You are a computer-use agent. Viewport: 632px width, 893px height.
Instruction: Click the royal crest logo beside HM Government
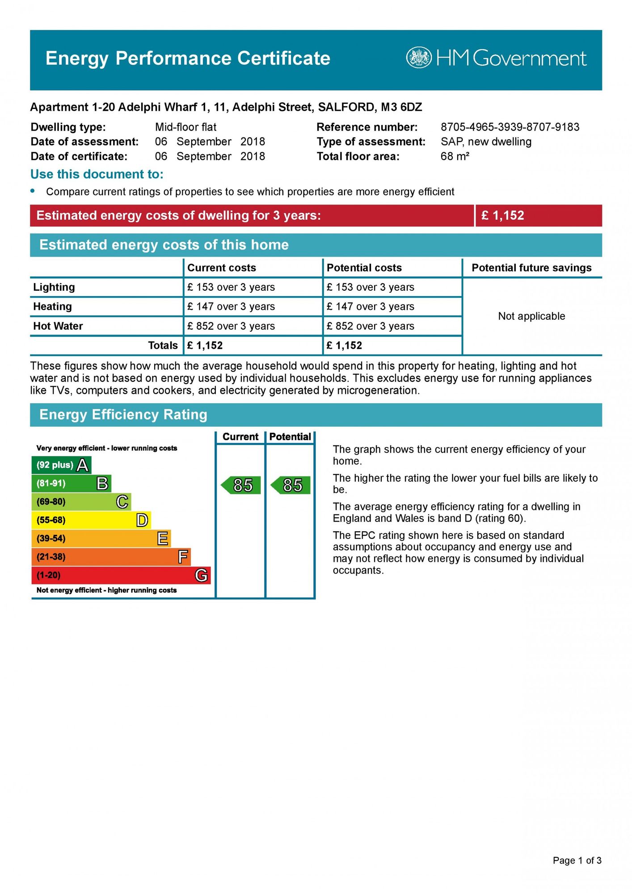click(x=419, y=58)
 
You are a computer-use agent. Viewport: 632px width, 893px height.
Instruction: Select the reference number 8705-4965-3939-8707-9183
click(x=510, y=127)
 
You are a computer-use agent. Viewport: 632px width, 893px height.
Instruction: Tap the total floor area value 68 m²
click(x=455, y=156)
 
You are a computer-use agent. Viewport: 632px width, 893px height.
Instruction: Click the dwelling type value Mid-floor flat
click(x=185, y=127)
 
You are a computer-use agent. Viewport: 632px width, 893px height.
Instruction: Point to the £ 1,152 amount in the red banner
click(x=502, y=216)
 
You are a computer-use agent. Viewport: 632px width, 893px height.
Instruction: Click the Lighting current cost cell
click(x=231, y=287)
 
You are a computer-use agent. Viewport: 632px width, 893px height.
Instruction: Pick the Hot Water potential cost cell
click(x=370, y=326)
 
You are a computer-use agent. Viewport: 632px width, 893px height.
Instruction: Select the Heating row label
click(x=52, y=306)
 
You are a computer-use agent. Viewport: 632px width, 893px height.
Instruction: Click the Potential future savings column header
click(x=531, y=268)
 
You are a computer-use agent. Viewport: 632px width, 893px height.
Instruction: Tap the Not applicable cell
click(x=531, y=316)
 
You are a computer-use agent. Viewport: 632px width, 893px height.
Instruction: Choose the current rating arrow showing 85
click(x=241, y=485)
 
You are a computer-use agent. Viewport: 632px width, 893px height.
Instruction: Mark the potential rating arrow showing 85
click(x=291, y=485)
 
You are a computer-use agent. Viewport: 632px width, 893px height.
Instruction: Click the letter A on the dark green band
click(x=83, y=465)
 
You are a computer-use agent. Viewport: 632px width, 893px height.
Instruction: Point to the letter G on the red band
click(x=201, y=575)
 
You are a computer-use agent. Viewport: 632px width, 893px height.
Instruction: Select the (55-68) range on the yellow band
click(x=51, y=520)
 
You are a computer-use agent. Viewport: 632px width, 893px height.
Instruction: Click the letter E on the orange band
click(x=163, y=538)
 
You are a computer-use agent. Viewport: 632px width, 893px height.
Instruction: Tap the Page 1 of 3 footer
click(x=577, y=860)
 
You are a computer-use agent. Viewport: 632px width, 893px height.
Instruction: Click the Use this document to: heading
click(x=97, y=174)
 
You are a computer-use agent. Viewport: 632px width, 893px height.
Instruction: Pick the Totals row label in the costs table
click(x=163, y=345)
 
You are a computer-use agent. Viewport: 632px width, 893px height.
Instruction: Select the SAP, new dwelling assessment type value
click(x=486, y=142)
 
